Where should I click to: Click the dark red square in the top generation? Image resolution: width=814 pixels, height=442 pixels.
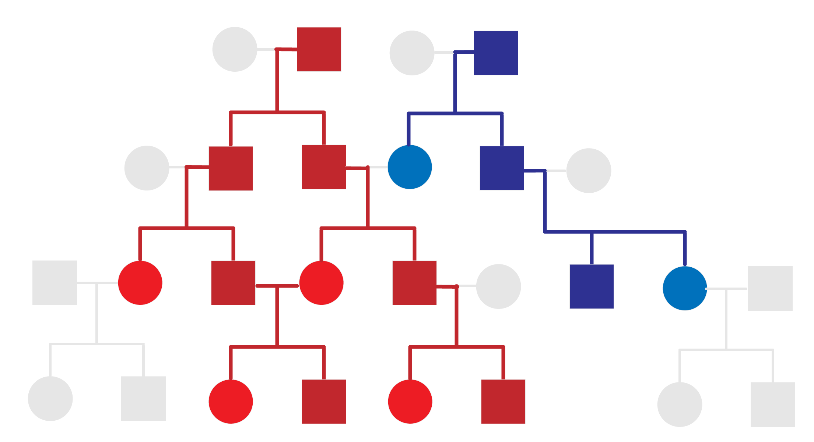click(x=319, y=49)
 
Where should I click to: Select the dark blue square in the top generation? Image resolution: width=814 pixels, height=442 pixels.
click(x=496, y=53)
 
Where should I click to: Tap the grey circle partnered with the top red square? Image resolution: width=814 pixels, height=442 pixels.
click(x=235, y=49)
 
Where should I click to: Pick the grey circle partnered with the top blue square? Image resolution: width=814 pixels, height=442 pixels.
click(x=412, y=53)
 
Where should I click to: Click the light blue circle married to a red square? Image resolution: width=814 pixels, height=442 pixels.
click(x=410, y=167)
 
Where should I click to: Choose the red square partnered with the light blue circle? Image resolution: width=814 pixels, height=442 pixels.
click(x=324, y=167)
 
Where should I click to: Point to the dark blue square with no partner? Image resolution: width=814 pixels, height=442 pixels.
click(x=592, y=286)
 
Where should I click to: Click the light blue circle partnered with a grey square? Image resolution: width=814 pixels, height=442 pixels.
click(x=685, y=288)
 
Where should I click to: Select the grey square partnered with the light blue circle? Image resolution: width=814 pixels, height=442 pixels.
click(x=770, y=288)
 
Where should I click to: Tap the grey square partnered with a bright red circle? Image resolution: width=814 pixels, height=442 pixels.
click(x=55, y=283)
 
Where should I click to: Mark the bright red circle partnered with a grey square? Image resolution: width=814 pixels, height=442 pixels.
click(x=140, y=283)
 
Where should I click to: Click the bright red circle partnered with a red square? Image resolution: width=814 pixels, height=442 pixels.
click(x=321, y=283)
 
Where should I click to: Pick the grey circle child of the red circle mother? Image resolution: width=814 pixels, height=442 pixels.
click(x=50, y=399)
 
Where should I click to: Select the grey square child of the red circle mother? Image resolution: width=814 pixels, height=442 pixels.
click(x=143, y=398)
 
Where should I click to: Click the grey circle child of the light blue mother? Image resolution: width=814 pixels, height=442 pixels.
click(x=680, y=404)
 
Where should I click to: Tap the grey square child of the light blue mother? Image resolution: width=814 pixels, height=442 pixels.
click(x=773, y=404)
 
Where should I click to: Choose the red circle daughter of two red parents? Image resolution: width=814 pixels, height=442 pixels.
click(x=231, y=402)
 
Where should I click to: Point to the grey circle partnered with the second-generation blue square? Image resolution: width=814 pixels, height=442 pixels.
click(x=589, y=171)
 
